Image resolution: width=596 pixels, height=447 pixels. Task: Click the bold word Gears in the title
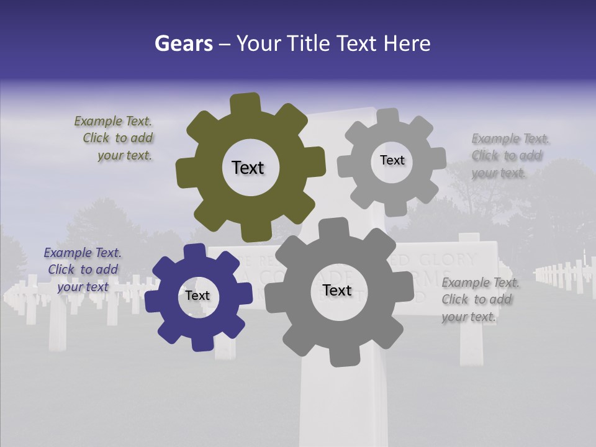(183, 43)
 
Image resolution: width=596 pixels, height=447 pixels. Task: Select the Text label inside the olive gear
(248, 168)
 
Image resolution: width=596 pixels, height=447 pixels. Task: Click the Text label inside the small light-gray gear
(392, 160)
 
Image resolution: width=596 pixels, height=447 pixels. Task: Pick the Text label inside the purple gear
(197, 296)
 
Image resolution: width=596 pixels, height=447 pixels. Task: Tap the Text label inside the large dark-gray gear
(337, 290)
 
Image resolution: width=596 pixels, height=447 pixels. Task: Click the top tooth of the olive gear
(245, 103)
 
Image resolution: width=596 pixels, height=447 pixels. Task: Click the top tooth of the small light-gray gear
(388, 116)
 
